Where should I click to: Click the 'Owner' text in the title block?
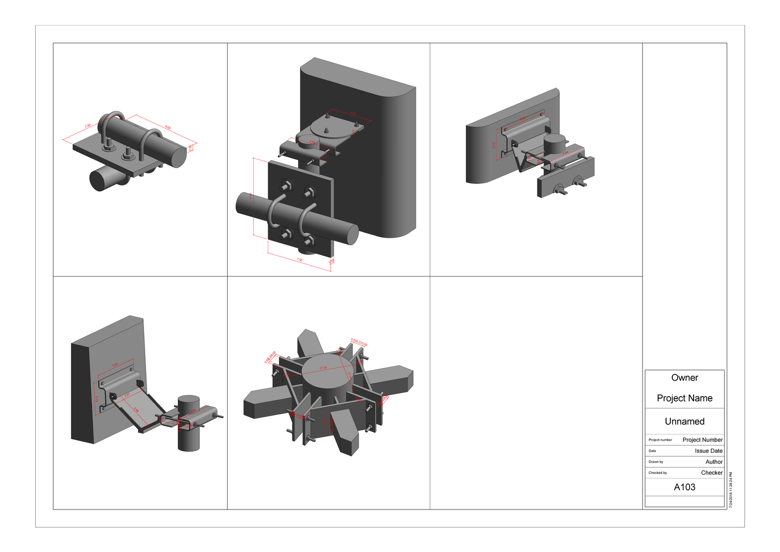click(684, 378)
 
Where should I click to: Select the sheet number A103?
click(684, 487)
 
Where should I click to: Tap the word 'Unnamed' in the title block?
click(684, 422)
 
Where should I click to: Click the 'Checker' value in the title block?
click(712, 473)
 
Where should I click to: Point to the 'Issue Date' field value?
click(708, 451)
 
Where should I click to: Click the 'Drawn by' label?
click(656, 462)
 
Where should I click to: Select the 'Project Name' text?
click(684, 398)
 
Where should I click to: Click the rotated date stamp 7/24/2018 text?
click(731, 490)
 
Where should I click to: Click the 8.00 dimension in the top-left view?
click(168, 128)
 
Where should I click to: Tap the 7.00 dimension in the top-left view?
click(88, 126)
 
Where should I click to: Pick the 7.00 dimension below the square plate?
click(300, 260)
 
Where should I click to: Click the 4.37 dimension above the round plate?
click(352, 113)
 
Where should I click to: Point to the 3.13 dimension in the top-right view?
click(494, 145)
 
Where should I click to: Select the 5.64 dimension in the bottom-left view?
click(115, 364)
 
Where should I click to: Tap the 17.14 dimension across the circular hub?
click(323, 368)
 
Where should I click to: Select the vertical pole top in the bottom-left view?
click(188, 400)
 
